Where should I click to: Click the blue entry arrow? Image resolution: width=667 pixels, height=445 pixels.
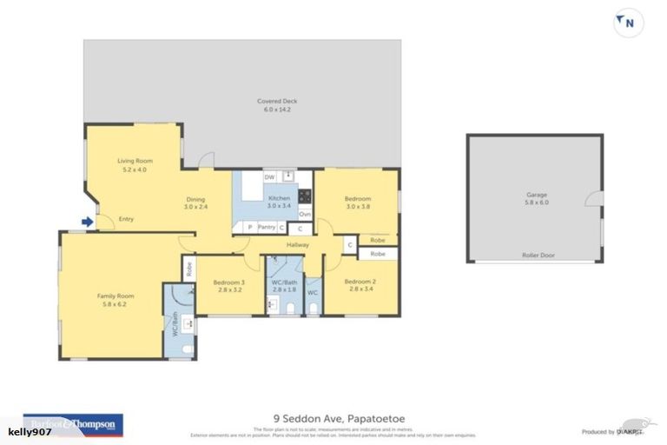87,222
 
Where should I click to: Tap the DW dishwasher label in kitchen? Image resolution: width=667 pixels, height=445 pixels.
269,177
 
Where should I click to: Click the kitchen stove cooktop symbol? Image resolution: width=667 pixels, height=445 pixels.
305,195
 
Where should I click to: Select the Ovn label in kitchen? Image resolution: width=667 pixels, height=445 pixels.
305,214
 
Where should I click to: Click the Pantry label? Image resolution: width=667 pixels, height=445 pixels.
267,228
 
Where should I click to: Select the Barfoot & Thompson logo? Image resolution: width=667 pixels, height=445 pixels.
74,424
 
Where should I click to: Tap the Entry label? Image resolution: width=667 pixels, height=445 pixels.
126,219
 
